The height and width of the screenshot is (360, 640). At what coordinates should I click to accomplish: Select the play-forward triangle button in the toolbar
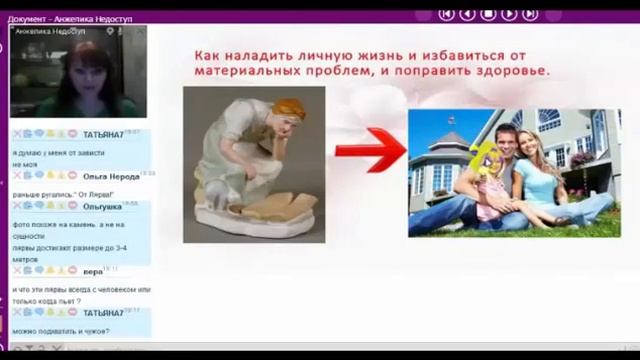[509, 13]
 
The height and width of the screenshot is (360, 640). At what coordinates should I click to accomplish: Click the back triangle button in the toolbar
[467, 13]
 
